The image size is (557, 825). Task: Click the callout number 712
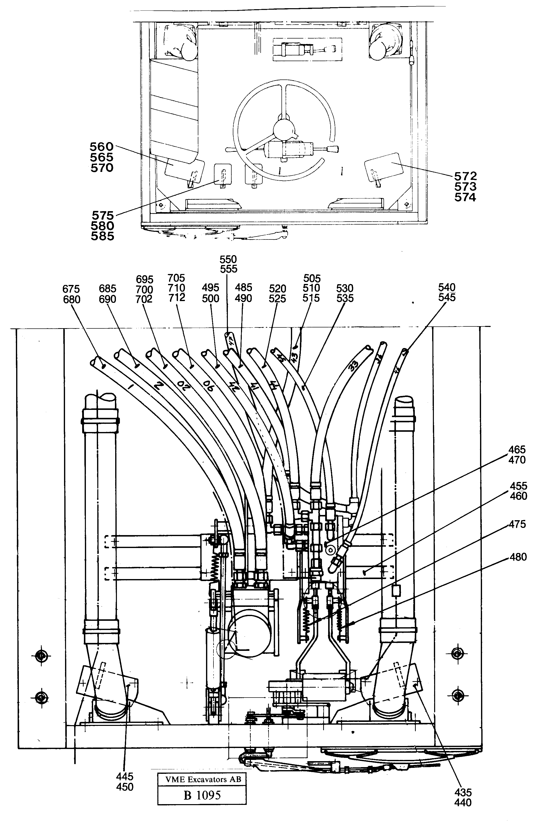(177, 298)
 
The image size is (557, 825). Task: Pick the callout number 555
(228, 269)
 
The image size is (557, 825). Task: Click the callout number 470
(517, 460)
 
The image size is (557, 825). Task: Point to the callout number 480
(518, 557)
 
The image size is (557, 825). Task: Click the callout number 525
(277, 299)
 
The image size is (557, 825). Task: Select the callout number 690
(107, 299)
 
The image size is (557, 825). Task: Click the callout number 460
(518, 496)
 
